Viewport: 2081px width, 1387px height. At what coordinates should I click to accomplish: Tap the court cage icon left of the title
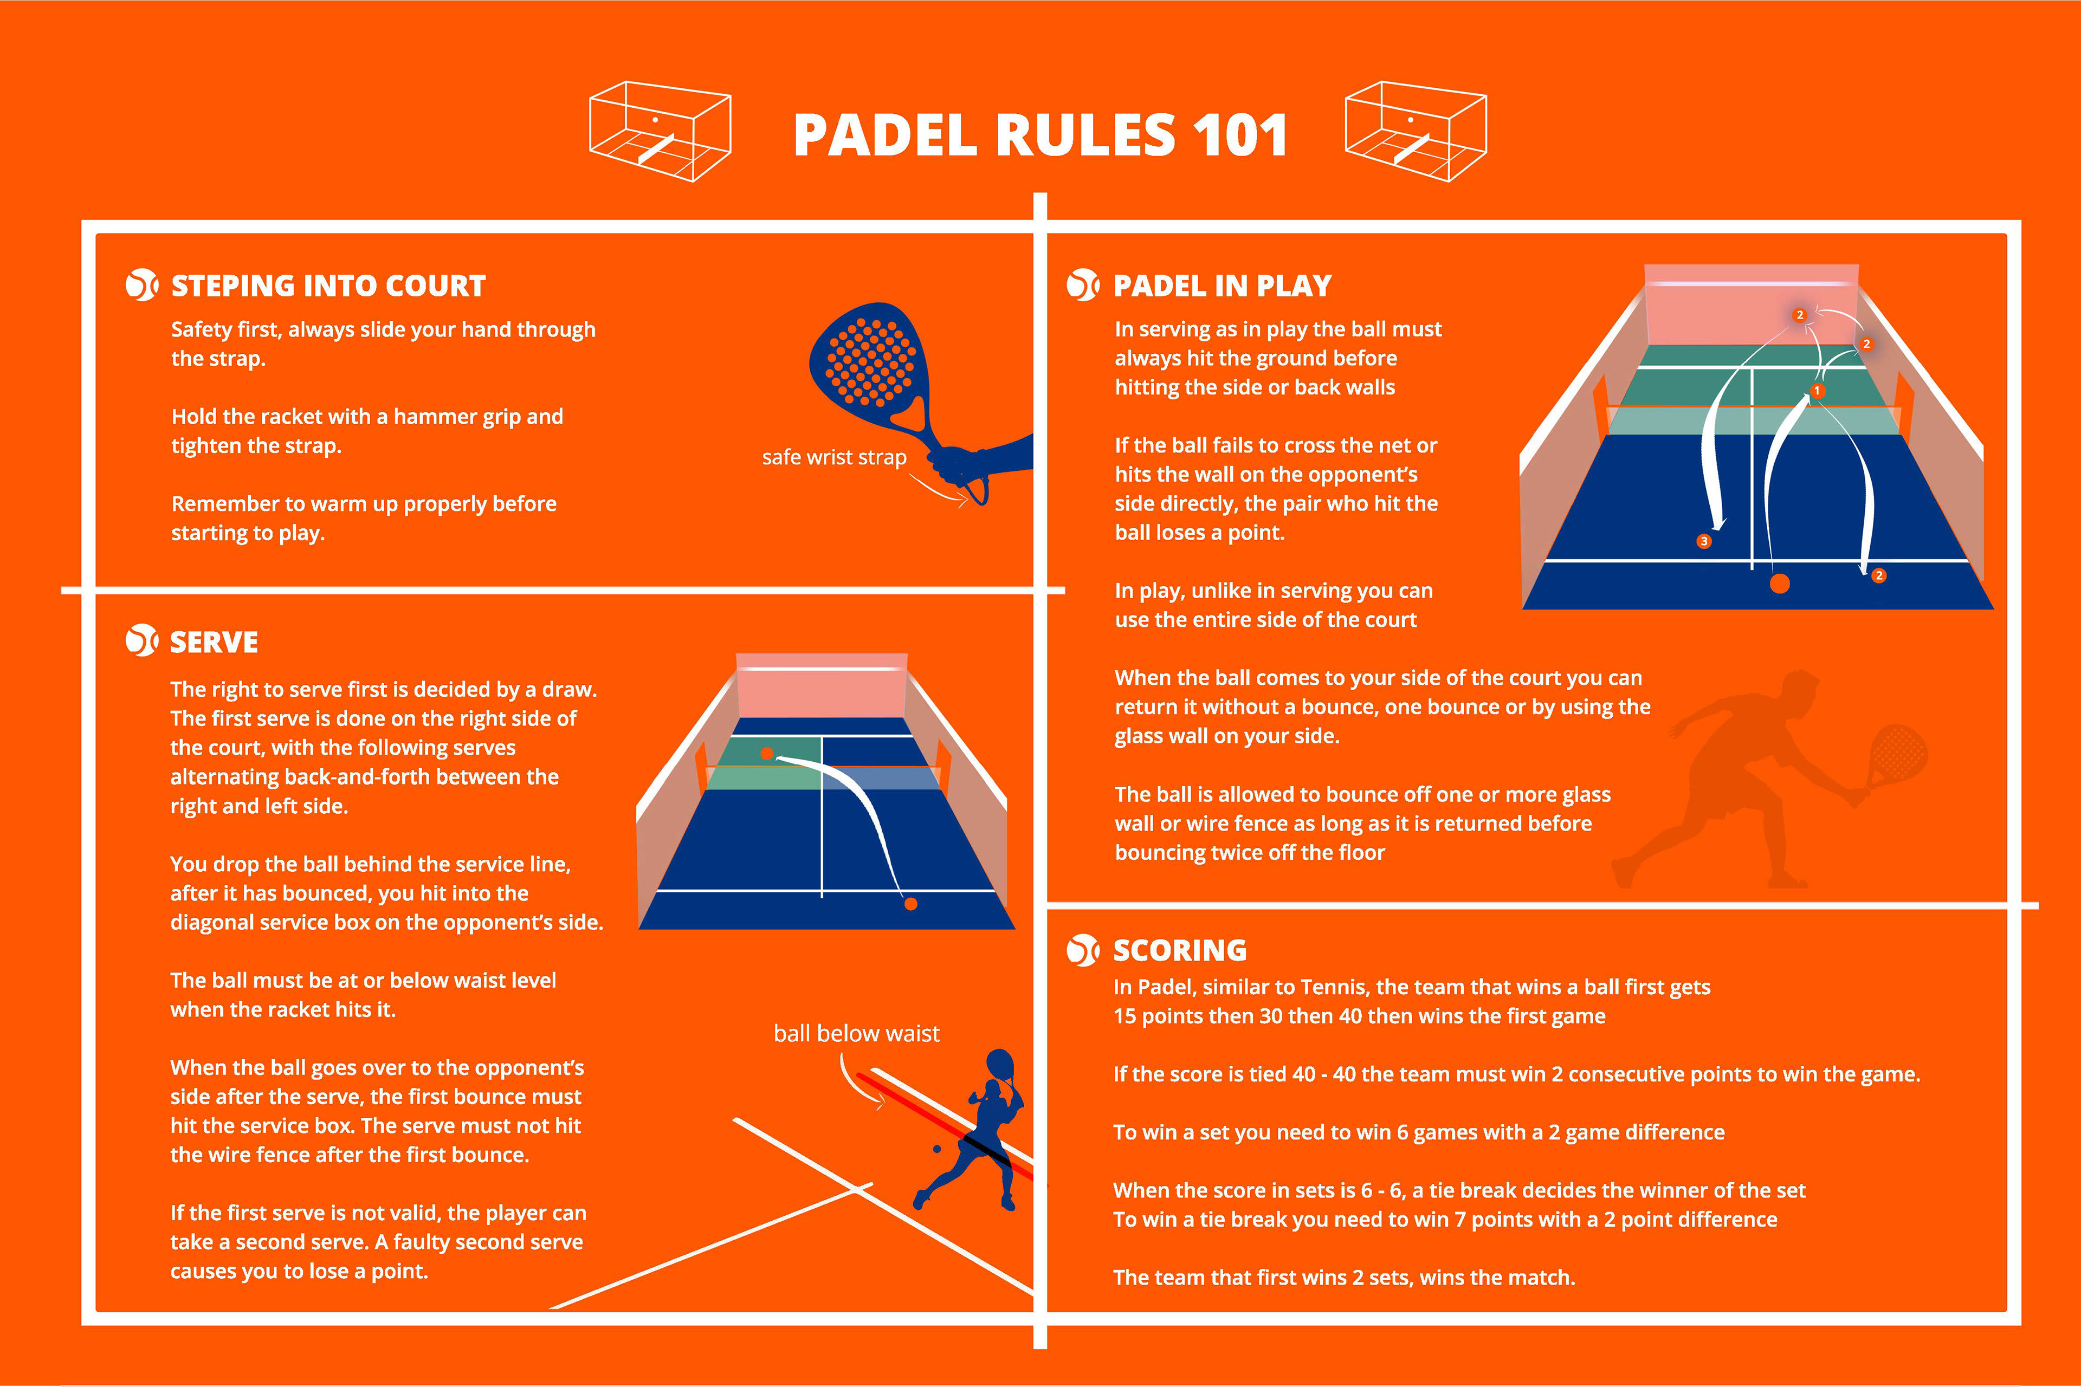tap(660, 131)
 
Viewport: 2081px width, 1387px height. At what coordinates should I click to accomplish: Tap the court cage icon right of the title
tap(1416, 131)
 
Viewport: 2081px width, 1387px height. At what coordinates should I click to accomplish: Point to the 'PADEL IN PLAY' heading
tap(1222, 286)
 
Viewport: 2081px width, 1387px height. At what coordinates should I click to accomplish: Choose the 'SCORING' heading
tap(1179, 950)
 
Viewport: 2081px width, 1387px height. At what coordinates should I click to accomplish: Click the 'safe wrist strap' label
tap(833, 457)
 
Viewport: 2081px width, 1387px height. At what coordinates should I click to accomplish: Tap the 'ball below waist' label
tap(856, 1033)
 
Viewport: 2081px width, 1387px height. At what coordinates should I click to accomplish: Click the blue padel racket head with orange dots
tap(867, 362)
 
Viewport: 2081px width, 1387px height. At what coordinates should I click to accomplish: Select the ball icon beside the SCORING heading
tap(1083, 950)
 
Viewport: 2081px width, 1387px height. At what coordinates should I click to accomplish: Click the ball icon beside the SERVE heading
tap(141, 640)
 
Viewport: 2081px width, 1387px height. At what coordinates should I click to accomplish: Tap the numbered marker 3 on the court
tap(1704, 541)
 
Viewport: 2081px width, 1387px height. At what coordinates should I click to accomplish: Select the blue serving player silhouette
tap(978, 1132)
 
